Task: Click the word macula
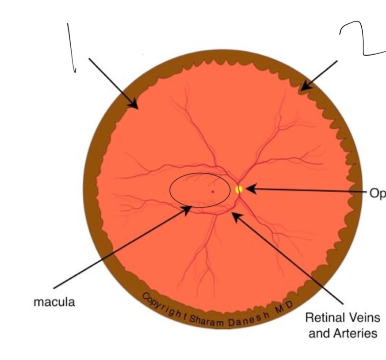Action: click(x=54, y=303)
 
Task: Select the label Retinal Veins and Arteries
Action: click(x=343, y=325)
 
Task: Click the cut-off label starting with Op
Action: click(x=377, y=193)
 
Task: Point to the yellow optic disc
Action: click(x=239, y=189)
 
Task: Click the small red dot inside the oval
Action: click(x=213, y=192)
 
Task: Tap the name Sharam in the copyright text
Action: click(x=208, y=321)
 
